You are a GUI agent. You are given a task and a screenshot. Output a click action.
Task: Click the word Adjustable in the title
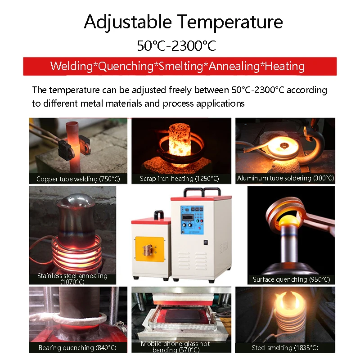(128, 22)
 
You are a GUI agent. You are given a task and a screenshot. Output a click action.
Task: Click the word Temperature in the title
(230, 22)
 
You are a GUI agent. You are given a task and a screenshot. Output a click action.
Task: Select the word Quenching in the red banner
(126, 67)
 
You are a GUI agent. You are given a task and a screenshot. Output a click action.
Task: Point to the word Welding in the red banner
(72, 66)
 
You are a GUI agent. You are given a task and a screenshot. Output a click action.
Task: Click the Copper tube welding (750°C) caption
(78, 179)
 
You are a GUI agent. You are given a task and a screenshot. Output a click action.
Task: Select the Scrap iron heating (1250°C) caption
(179, 179)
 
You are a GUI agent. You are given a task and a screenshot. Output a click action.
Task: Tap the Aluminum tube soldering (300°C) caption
(285, 178)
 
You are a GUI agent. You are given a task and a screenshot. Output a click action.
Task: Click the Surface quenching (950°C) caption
(291, 279)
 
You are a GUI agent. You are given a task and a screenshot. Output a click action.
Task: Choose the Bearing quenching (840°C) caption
(77, 348)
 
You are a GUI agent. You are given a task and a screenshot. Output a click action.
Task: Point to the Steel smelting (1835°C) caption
(285, 348)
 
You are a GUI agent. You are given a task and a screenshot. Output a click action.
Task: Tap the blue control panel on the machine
(192, 220)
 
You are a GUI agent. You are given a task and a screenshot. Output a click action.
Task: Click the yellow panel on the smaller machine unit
(150, 249)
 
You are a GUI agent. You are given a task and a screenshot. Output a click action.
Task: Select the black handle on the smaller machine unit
(159, 215)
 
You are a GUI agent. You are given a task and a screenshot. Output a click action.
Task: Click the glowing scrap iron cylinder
(180, 139)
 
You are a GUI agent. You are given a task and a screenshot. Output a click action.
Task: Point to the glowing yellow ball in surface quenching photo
(288, 220)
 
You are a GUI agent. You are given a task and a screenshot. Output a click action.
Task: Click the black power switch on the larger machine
(206, 242)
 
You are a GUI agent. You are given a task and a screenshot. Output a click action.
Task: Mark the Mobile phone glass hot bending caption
(175, 346)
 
